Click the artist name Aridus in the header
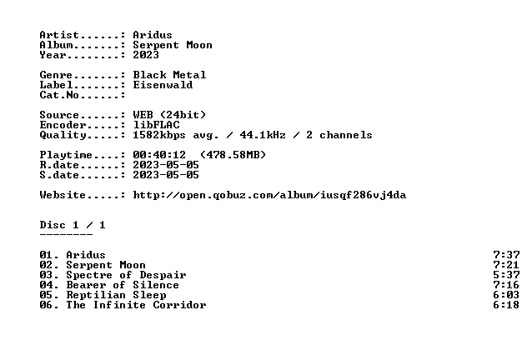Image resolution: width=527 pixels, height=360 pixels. [153, 35]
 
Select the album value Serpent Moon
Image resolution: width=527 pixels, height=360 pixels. [173, 45]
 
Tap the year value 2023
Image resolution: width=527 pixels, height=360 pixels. [146, 55]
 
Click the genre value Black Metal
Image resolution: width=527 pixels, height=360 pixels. [169, 75]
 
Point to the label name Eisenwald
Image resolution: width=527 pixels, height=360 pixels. [163, 85]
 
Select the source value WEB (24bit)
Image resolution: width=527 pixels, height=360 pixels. [169, 115]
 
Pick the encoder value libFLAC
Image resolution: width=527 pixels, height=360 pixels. [156, 125]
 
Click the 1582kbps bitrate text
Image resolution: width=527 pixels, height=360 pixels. [159, 135]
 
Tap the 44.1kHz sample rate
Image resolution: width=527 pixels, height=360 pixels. [263, 135]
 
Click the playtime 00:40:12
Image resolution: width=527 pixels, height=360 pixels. [159, 155]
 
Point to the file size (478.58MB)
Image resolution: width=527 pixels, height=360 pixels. [233, 155]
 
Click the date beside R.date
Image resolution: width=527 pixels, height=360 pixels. [166, 165]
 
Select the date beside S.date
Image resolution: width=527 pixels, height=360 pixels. [166, 175]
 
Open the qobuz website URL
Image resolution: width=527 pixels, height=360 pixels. [269, 195]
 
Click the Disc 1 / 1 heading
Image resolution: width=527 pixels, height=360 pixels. [73, 225]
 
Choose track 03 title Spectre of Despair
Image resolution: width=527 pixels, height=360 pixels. [126, 275]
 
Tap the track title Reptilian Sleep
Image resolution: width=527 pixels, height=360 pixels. [116, 295]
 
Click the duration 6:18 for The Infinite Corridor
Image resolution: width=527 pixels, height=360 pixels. [506, 305]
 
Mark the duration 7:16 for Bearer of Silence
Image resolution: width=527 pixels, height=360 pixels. [506, 285]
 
